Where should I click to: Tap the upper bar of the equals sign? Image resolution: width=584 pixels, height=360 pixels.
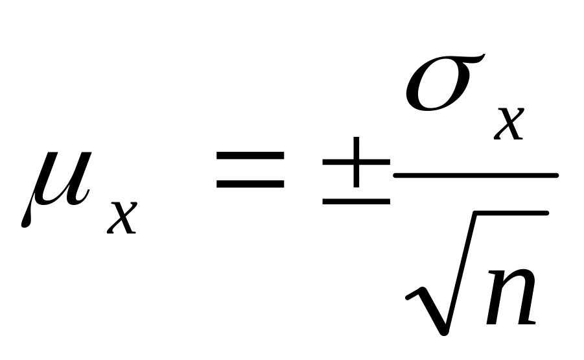click(250, 156)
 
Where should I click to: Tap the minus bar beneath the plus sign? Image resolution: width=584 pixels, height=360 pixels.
click(356, 202)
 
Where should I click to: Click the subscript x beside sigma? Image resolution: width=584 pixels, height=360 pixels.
click(509, 123)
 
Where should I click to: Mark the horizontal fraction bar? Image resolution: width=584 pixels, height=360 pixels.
click(475, 175)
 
